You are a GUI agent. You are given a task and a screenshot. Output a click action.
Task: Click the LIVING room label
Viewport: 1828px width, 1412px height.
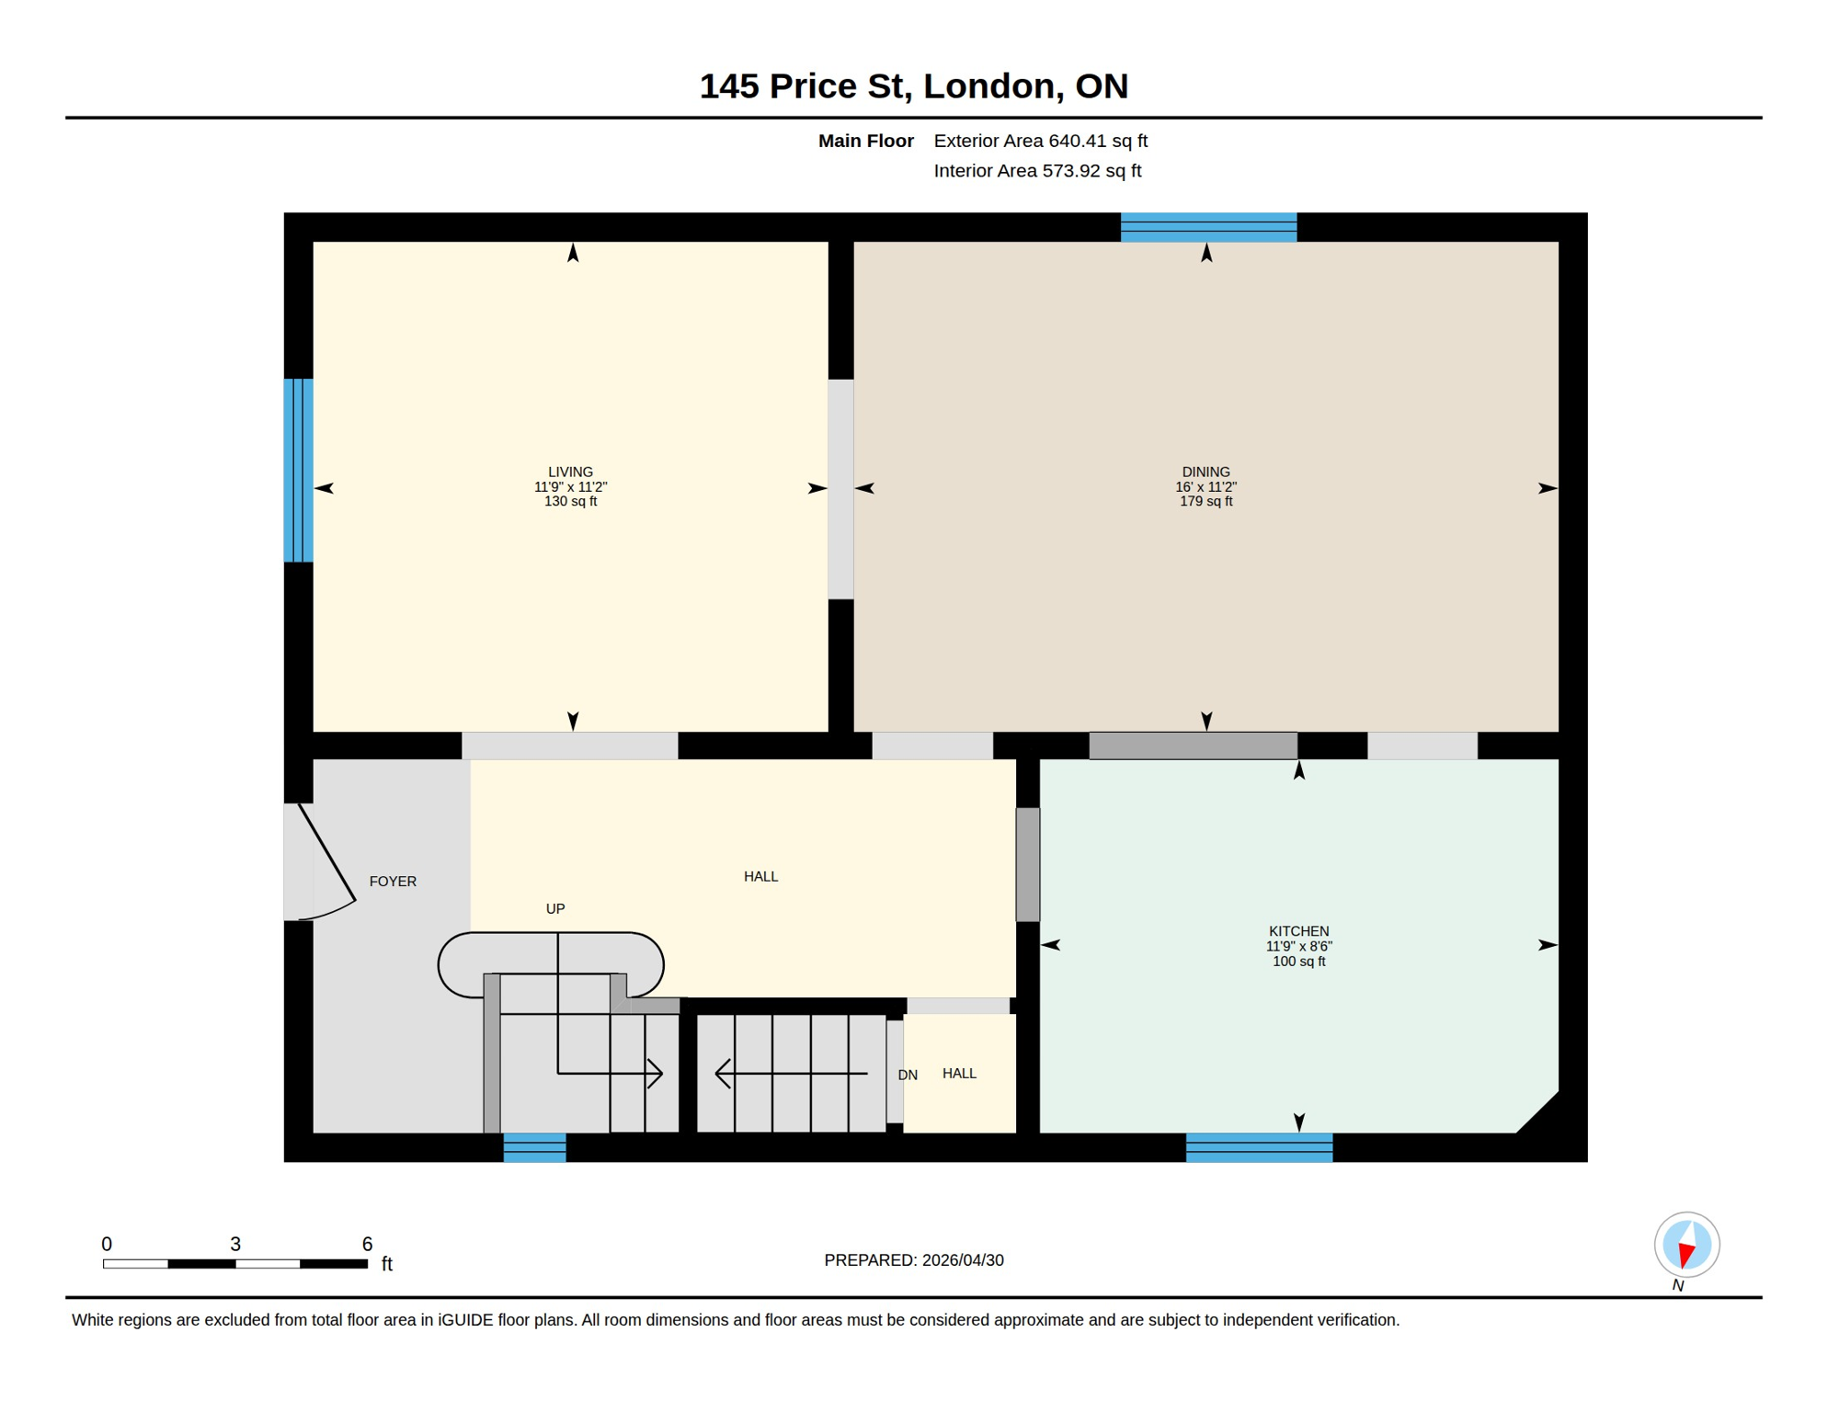pyautogui.click(x=570, y=473)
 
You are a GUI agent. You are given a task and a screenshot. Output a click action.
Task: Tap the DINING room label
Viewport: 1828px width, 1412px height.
pyautogui.click(x=1205, y=473)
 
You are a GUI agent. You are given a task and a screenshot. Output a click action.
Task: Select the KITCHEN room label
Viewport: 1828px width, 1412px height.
pyautogui.click(x=1298, y=931)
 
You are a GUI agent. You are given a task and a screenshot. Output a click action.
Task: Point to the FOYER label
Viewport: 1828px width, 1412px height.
pyautogui.click(x=393, y=882)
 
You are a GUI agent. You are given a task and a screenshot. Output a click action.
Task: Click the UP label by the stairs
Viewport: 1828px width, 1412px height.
pyautogui.click(x=555, y=909)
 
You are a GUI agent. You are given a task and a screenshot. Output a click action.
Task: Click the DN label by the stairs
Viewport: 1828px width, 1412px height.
pyautogui.click(x=908, y=1076)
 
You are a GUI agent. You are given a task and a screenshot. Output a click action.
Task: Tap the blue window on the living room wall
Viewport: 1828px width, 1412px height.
pyautogui.click(x=298, y=470)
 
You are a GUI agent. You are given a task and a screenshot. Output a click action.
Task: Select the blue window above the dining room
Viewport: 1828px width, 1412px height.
pyautogui.click(x=1208, y=227)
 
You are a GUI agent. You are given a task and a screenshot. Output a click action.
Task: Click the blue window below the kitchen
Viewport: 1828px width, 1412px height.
pyautogui.click(x=1259, y=1148)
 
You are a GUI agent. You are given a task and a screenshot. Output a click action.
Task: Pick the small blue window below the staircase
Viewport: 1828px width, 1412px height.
pyautogui.click(x=534, y=1148)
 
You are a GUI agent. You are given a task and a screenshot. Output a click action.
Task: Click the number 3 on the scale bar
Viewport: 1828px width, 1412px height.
pyautogui.click(x=235, y=1245)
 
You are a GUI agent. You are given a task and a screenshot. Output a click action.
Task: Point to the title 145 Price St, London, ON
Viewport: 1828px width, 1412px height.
pyautogui.click(x=913, y=86)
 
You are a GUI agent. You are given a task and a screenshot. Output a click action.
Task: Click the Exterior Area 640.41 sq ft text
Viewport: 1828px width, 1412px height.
pyautogui.click(x=1040, y=141)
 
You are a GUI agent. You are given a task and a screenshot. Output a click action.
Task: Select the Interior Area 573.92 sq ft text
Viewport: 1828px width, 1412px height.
pyautogui.click(x=1037, y=171)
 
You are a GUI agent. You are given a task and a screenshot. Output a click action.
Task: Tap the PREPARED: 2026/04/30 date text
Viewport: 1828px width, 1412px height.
pyautogui.click(x=913, y=1260)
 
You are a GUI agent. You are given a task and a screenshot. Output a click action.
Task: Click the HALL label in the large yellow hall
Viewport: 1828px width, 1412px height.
pyautogui.click(x=760, y=877)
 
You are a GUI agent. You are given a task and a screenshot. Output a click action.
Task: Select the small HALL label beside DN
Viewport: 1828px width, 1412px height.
pyautogui.click(x=959, y=1074)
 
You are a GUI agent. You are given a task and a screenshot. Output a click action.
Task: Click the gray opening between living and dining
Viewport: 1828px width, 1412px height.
pyautogui.click(x=840, y=489)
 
